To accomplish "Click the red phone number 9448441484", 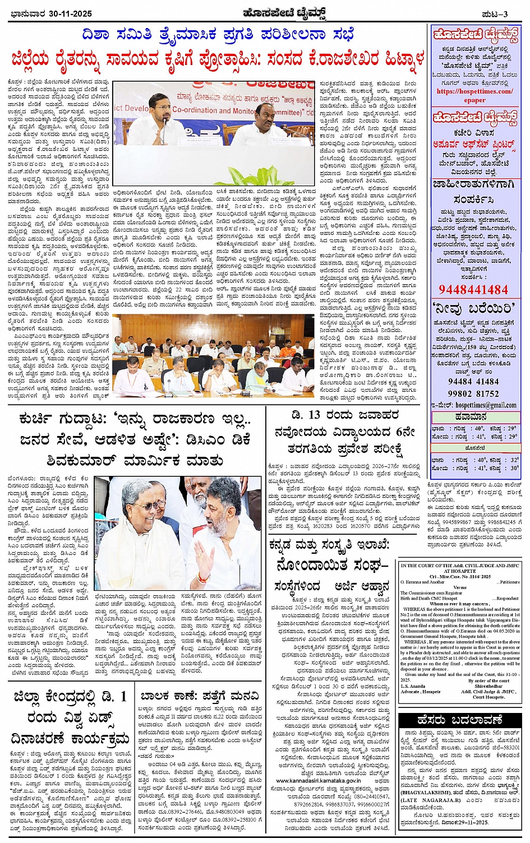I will [x=473, y=290].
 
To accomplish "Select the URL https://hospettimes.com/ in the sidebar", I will [x=474, y=91].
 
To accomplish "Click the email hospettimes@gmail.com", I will [x=486, y=405].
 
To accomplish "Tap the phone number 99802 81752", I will [x=473, y=394].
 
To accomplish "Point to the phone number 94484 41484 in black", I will [x=473, y=382].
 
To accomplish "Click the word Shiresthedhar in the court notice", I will [x=488, y=686].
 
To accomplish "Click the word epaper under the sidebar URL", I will [x=474, y=100].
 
